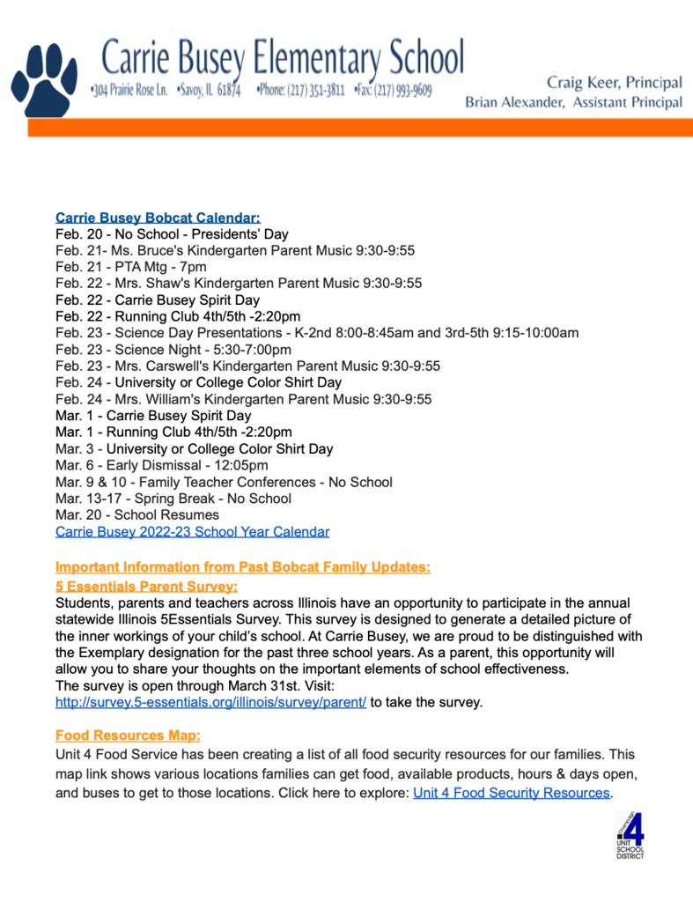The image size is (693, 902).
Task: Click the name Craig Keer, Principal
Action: tap(614, 83)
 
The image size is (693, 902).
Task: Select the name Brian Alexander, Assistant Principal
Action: tap(573, 102)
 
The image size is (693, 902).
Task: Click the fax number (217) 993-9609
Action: tap(402, 90)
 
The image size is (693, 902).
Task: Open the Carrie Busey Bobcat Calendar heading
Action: tap(158, 217)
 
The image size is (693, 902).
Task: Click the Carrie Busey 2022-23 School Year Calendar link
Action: tap(192, 531)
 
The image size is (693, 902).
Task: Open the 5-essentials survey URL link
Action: tap(210, 702)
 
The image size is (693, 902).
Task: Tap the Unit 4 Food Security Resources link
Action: tap(511, 792)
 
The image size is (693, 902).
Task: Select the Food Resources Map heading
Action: tap(128, 735)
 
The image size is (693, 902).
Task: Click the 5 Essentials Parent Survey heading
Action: tap(146, 586)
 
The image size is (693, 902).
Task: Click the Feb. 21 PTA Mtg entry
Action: tap(130, 267)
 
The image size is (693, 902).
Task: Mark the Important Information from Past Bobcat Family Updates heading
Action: tap(242, 566)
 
